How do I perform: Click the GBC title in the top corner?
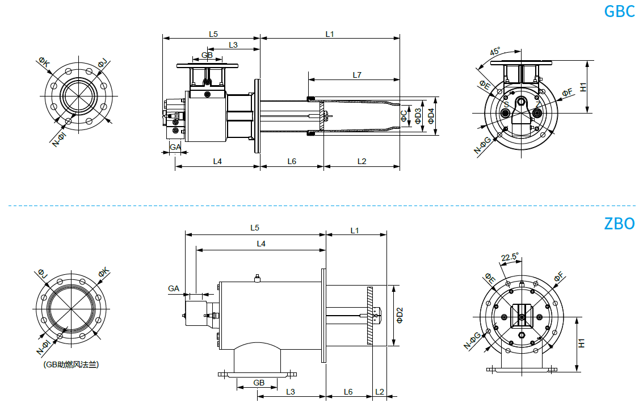click(x=619, y=11)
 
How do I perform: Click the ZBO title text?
click(x=619, y=223)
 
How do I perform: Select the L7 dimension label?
click(x=357, y=74)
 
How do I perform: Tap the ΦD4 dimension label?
click(x=431, y=116)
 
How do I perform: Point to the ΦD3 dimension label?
click(x=418, y=116)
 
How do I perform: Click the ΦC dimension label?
click(x=404, y=116)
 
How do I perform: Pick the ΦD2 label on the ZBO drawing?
click(x=400, y=316)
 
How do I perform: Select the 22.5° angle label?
click(x=510, y=257)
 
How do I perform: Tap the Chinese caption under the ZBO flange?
click(x=71, y=364)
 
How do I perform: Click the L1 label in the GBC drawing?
click(x=330, y=34)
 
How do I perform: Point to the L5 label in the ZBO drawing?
click(x=255, y=228)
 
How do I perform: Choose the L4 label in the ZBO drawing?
click(x=261, y=244)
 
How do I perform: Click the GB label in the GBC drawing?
click(x=207, y=55)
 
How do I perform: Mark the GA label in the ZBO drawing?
click(x=174, y=288)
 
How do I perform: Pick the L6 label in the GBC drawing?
click(x=292, y=161)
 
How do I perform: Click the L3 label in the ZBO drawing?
click(x=291, y=391)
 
